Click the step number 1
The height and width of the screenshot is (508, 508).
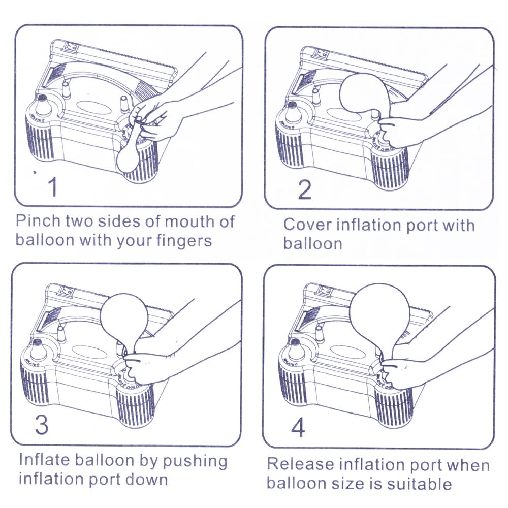[52, 187]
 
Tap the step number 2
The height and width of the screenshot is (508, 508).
[304, 189]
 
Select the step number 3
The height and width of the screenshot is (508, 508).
[42, 424]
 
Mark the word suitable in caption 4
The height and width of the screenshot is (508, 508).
[420, 483]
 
